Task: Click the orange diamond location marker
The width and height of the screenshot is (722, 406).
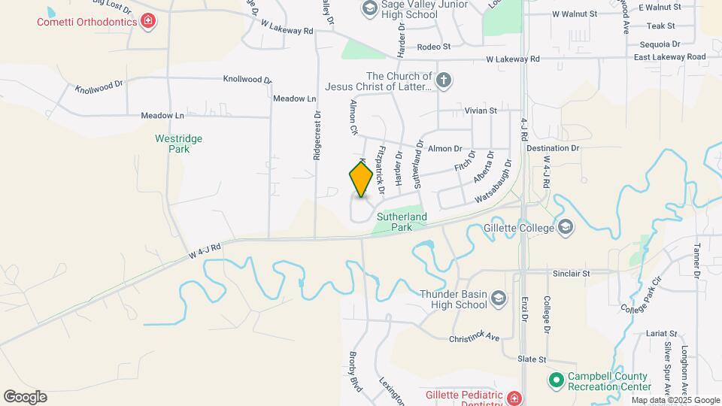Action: (361, 179)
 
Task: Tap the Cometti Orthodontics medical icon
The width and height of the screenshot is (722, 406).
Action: (149, 20)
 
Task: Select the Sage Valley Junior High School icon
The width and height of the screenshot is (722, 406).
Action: (369, 8)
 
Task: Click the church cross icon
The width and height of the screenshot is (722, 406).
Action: (444, 81)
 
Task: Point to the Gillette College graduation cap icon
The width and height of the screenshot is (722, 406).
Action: (566, 227)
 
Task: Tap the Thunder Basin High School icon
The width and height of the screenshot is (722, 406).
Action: (498, 300)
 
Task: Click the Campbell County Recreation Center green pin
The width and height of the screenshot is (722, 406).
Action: (556, 381)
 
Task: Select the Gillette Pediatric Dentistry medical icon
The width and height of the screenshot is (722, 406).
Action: (514, 398)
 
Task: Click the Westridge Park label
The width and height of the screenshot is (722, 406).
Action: (178, 144)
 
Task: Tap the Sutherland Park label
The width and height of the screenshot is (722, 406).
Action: (403, 222)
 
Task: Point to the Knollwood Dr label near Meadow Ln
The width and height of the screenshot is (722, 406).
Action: (247, 79)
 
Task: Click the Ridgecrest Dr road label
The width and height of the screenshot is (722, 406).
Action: (317, 135)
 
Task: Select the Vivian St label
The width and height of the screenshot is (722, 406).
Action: (481, 111)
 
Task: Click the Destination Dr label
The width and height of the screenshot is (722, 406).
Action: (554, 148)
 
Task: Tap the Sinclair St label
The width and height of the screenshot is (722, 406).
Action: (572, 274)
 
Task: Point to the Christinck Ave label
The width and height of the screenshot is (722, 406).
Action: (475, 338)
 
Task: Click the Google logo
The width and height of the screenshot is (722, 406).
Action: (25, 397)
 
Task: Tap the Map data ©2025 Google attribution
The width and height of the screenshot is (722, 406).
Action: (675, 400)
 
